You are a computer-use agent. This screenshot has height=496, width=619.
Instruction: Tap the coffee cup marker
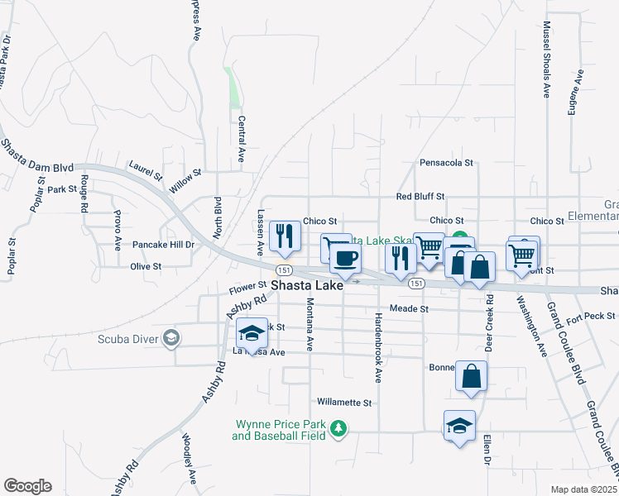click(x=345, y=258)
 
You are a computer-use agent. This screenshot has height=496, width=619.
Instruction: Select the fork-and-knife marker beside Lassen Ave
click(x=285, y=236)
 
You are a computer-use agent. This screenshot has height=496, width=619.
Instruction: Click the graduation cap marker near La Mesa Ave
click(x=252, y=333)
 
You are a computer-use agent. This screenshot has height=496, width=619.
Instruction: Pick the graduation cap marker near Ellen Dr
click(x=459, y=426)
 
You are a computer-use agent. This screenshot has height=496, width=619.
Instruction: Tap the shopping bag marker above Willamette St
click(x=471, y=376)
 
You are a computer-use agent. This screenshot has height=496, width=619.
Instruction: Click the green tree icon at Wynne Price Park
click(x=338, y=428)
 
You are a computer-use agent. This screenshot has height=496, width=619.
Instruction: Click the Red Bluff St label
click(x=420, y=197)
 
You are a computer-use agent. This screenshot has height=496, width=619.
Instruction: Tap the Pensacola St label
click(x=446, y=163)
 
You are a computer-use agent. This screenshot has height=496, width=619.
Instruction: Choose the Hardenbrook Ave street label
click(x=378, y=348)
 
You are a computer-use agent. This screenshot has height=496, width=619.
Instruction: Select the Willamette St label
click(x=344, y=403)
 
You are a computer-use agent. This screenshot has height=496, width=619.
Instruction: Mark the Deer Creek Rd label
click(x=489, y=323)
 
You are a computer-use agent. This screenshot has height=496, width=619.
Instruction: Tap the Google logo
click(x=27, y=486)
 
